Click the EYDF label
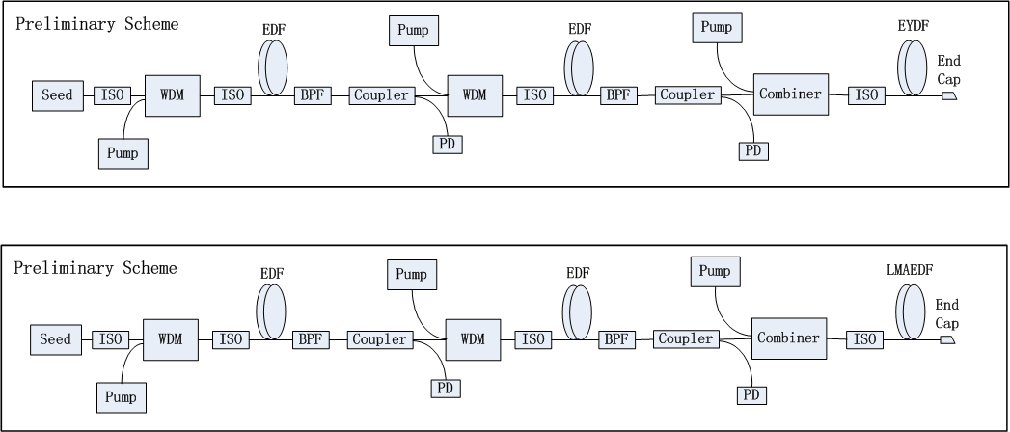pyautogui.click(x=914, y=26)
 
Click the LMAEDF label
pyautogui.click(x=910, y=270)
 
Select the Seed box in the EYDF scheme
pyautogui.click(x=58, y=95)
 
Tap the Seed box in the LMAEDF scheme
pyautogui.click(x=56, y=340)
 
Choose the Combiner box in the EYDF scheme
pyautogui.click(x=791, y=94)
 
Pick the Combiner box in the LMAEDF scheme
pyautogui.click(x=789, y=338)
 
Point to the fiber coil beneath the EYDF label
pyautogui.click(x=913, y=67)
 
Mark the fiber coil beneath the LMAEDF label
pyautogui.click(x=911, y=311)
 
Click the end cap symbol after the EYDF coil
pyautogui.click(x=949, y=95)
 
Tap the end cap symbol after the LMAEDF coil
pyautogui.click(x=947, y=340)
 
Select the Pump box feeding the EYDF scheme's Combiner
pyautogui.click(x=717, y=28)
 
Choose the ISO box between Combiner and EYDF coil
pyautogui.click(x=866, y=95)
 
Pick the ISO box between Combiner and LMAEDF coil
pyautogui.click(x=864, y=340)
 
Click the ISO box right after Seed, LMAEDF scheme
pyautogui.click(x=111, y=340)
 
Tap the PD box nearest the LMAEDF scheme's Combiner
pyautogui.click(x=751, y=395)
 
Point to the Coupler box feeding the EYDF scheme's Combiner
pyautogui.click(x=688, y=95)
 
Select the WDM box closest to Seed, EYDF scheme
pyautogui.click(x=172, y=95)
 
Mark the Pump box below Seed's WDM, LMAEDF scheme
pyautogui.click(x=122, y=397)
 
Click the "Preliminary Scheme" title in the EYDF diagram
pyautogui.click(x=96, y=24)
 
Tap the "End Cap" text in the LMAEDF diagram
pyautogui.click(x=947, y=314)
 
